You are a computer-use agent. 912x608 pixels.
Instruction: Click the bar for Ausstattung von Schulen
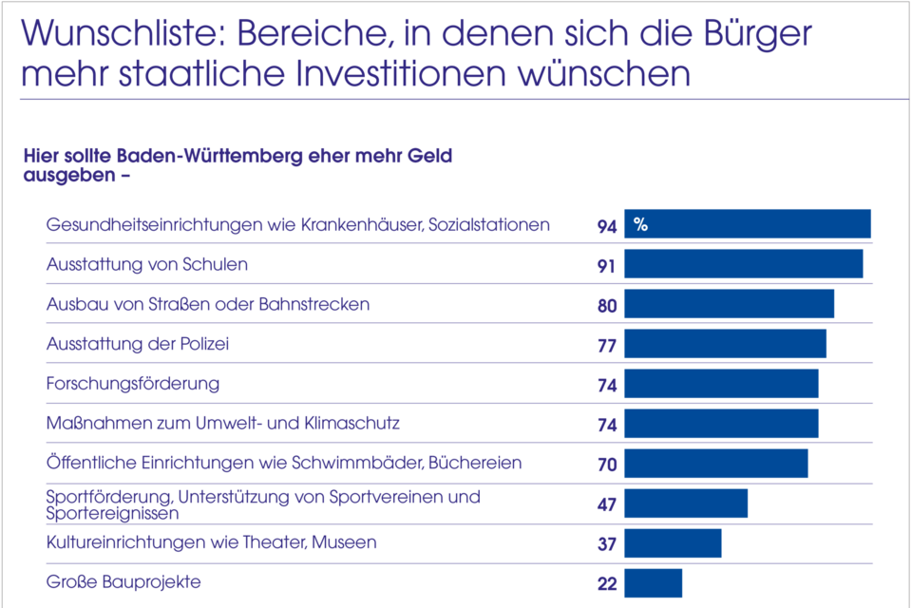tap(743, 264)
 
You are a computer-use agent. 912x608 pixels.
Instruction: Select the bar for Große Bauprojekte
tap(653, 582)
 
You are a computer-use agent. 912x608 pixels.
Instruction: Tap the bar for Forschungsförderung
tap(721, 384)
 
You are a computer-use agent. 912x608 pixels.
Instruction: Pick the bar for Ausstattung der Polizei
tap(725, 344)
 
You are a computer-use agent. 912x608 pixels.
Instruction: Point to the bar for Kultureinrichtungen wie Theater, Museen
tap(673, 543)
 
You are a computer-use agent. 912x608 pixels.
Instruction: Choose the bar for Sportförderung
tap(685, 503)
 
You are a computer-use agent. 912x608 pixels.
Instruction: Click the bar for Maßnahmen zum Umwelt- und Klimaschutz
tap(721, 424)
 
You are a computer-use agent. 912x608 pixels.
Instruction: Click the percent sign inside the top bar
tap(641, 225)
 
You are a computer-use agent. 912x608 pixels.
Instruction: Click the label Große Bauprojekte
tap(124, 581)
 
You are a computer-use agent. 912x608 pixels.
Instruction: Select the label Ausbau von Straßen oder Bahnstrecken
tap(208, 304)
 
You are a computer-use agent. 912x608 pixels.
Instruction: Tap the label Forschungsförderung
tap(133, 384)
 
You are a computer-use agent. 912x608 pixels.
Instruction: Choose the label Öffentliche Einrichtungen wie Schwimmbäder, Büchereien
tap(284, 463)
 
